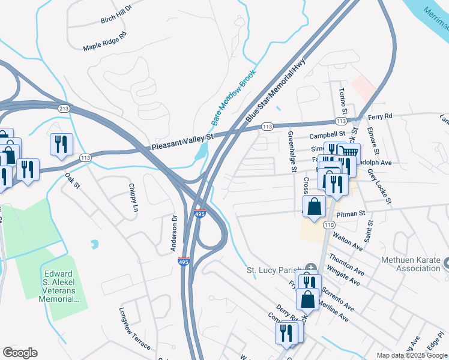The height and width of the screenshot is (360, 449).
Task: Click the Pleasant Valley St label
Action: tap(182, 142)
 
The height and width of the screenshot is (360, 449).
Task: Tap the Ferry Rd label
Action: tap(380, 116)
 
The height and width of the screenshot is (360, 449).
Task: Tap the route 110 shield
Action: tap(328, 224)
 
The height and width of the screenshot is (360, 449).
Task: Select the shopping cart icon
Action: tap(349, 153)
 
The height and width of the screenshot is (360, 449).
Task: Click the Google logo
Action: tap(20, 353)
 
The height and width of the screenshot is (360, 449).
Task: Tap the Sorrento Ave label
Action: tap(338, 298)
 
